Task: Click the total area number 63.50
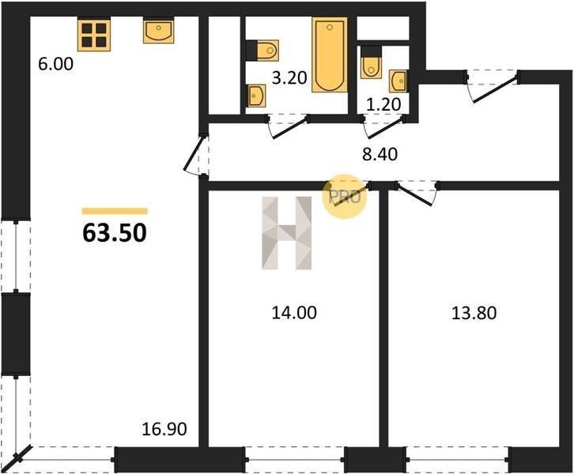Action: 115,233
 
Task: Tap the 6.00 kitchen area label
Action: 55,64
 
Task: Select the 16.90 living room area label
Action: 164,429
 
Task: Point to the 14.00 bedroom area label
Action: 294,313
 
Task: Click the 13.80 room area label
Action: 474,314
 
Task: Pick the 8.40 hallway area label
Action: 380,154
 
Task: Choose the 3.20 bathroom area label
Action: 289,78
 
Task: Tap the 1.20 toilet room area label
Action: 383,104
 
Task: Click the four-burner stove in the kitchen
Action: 94,35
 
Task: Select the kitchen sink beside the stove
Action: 158,31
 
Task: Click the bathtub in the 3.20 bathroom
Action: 330,55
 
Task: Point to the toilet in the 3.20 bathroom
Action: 262,50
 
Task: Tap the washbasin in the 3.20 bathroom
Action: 256,96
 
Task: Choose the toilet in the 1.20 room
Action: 371,62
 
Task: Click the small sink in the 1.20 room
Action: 398,81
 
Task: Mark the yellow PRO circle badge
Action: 345,197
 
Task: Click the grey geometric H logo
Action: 287,233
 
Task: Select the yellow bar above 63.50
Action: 115,211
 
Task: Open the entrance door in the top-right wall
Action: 493,85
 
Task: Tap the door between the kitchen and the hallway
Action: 196,156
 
